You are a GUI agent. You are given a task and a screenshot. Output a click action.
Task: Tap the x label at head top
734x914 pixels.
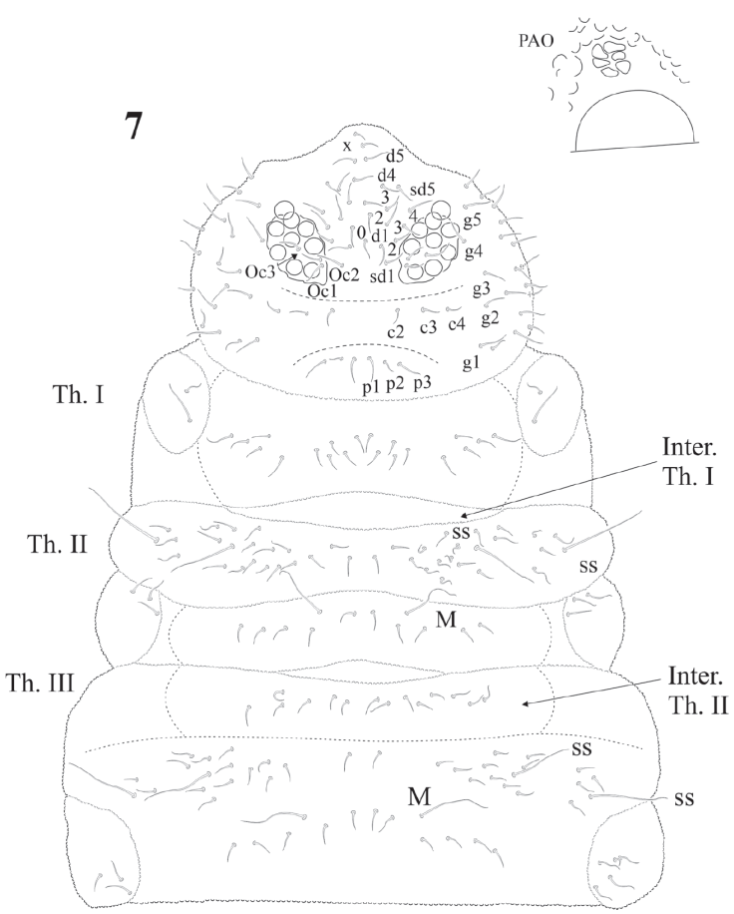coord(347,146)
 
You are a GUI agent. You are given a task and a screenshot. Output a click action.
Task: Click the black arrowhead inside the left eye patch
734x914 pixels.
coord(295,257)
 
